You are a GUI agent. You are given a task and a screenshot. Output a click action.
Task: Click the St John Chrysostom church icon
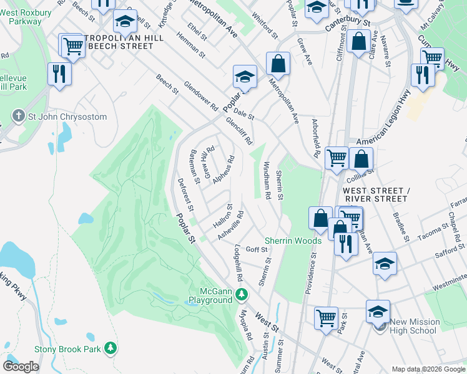[19, 117]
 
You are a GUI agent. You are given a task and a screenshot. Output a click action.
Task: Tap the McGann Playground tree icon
[245, 294]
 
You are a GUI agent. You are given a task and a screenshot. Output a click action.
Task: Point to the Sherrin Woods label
[293, 241]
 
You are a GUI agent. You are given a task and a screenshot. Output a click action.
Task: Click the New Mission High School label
[415, 326]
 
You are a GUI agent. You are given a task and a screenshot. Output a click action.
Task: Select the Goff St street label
[256, 249]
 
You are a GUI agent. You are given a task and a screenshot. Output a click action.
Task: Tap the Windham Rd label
[267, 181]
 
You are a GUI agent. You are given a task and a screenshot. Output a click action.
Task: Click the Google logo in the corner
[21, 367]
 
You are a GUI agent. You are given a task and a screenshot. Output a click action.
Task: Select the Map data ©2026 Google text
[428, 369]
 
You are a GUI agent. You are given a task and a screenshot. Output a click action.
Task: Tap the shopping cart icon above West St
[326, 318]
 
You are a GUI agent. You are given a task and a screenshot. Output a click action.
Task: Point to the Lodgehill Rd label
[237, 262]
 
